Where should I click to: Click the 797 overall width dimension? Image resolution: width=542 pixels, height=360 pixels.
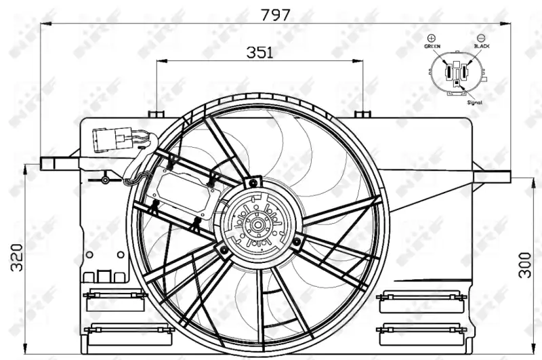tap(275, 15)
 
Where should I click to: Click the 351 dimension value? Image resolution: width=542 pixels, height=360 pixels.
tap(259, 52)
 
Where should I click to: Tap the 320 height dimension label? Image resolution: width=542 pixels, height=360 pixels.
tap(16, 258)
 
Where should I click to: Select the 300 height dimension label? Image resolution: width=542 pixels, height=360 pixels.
tap(524, 265)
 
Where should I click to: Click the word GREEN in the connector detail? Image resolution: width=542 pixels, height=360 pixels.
tap(432, 46)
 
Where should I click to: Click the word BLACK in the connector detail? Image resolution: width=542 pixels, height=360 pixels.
tap(482, 46)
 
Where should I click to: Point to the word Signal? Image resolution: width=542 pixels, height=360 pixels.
tap(475, 102)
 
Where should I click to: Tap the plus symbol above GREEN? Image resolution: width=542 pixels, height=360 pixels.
tap(432, 38)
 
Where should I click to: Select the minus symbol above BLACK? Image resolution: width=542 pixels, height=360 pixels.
tap(481, 38)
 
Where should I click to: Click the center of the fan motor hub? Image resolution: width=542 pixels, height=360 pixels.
tap(257, 225)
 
